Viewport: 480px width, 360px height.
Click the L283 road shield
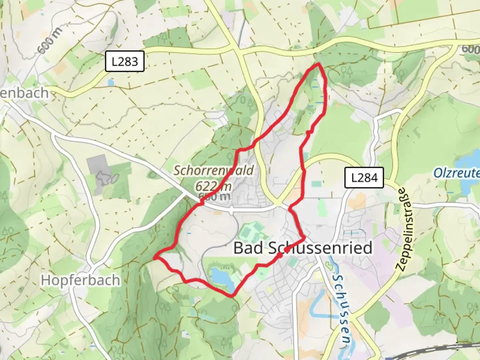[x=125, y=61]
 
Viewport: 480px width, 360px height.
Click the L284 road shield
[x=364, y=178]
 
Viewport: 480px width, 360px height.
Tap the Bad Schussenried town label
[x=302, y=248]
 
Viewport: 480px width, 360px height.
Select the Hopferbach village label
[x=80, y=280]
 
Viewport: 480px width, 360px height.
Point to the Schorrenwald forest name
[x=213, y=170]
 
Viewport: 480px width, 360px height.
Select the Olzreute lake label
[x=456, y=173]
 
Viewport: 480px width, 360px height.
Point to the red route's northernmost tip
[x=319, y=63]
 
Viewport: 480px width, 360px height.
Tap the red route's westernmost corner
[x=154, y=257]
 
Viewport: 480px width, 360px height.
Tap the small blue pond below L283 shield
[x=111, y=82]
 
